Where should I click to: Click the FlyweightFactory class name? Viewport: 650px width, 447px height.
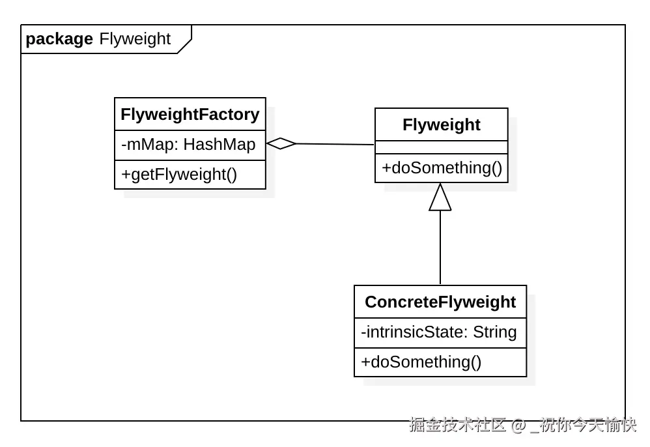(190, 115)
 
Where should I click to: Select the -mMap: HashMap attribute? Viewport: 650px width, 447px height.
(188, 144)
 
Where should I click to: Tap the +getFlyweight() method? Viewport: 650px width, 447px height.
(179, 174)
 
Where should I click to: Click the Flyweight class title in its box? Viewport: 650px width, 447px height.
(441, 125)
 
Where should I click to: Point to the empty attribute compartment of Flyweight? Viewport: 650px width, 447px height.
(441, 147)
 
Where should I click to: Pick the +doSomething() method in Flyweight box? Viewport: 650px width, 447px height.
(442, 168)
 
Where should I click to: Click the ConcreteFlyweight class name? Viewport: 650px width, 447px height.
(440, 302)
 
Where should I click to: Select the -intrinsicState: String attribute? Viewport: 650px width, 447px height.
(438, 332)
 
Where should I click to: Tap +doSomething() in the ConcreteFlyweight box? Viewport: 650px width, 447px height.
(421, 362)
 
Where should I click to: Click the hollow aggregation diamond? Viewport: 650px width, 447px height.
(281, 143)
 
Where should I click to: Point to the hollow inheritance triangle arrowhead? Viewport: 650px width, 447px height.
(440, 197)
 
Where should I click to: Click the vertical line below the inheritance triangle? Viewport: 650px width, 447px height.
(440, 248)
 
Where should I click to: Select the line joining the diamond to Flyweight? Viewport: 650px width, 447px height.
(335, 144)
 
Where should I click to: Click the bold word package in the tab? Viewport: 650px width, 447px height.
(59, 39)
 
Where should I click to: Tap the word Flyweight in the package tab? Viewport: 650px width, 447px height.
(135, 39)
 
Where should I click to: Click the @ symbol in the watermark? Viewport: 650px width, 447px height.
(518, 425)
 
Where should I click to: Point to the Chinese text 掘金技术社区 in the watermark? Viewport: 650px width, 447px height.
(458, 425)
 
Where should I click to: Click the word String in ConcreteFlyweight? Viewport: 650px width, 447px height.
(494, 332)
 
